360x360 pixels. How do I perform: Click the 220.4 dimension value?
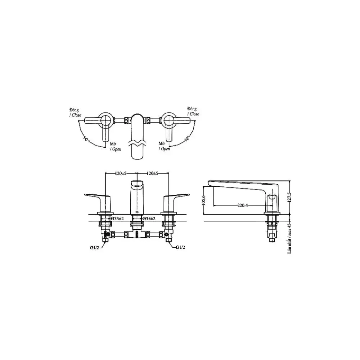(242, 205)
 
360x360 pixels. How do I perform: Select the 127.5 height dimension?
(290, 197)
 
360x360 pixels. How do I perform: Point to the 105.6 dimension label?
(204, 200)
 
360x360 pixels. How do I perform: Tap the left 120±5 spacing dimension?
(121, 173)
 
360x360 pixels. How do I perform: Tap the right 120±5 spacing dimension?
(152, 173)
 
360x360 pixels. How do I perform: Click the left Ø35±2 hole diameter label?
(117, 219)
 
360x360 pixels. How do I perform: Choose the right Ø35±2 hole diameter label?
(149, 219)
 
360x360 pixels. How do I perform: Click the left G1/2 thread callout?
(95, 248)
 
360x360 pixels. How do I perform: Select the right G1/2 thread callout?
(181, 247)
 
